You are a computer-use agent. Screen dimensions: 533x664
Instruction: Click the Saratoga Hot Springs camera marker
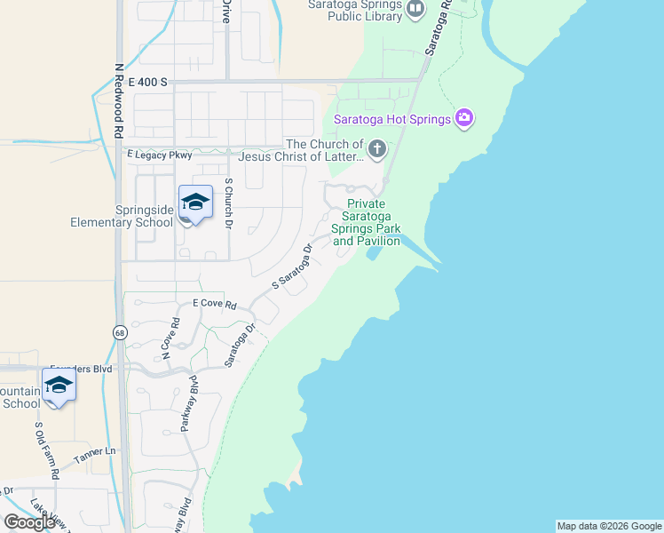point(463,118)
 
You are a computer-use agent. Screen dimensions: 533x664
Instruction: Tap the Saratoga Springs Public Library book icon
point(415,9)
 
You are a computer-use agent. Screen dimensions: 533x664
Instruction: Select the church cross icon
point(377,149)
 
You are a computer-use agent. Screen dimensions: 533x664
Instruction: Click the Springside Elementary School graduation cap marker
point(194,204)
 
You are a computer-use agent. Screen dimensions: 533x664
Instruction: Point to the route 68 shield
point(120,332)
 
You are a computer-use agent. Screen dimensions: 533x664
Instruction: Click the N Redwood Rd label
point(118,99)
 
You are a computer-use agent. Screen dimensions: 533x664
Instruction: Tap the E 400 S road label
point(147,82)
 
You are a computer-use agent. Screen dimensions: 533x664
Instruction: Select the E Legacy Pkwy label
point(159,155)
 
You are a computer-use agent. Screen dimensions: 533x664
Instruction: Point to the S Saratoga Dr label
point(292,267)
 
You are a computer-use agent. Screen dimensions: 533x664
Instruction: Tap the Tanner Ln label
point(95,452)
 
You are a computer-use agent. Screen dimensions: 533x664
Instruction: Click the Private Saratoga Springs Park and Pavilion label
point(365,222)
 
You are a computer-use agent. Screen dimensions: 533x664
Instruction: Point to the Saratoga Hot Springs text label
point(391,119)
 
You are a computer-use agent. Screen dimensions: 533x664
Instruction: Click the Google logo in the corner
point(29,522)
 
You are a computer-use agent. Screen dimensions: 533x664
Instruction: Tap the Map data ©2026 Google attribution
point(609,526)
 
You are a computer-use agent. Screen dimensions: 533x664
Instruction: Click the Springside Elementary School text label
point(123,216)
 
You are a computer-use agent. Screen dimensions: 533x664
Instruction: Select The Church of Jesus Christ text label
point(325,151)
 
